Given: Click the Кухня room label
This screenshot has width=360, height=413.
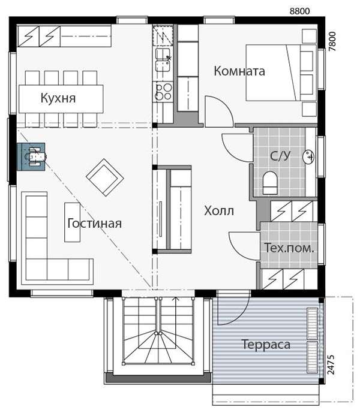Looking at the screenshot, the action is tap(58, 98).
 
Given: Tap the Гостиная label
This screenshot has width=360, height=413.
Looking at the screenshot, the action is tap(94, 224).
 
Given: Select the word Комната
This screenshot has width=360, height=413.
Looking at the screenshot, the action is tap(239, 71).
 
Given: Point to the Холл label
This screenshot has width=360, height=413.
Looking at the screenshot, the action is tap(219, 211).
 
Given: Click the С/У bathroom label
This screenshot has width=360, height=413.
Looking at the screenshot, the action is tap(280, 156).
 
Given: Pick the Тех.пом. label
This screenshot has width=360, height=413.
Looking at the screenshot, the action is tap(289, 248).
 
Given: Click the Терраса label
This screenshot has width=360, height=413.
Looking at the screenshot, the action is tap(266, 345).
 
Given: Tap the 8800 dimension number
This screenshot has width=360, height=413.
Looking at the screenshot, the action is tap(299, 11).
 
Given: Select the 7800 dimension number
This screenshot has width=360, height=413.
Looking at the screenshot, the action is tap(332, 41).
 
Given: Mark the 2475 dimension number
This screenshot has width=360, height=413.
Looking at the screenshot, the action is tap(331, 364).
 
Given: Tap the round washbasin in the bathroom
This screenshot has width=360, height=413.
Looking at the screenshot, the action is tap(308, 157).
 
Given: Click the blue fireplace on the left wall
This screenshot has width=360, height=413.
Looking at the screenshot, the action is tap(31, 157).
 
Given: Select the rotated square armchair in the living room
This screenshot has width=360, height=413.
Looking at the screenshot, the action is tap(105, 177).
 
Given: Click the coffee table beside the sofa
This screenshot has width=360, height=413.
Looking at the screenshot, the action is tap(72, 222).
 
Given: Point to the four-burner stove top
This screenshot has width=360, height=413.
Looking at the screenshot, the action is tap(164, 91).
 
